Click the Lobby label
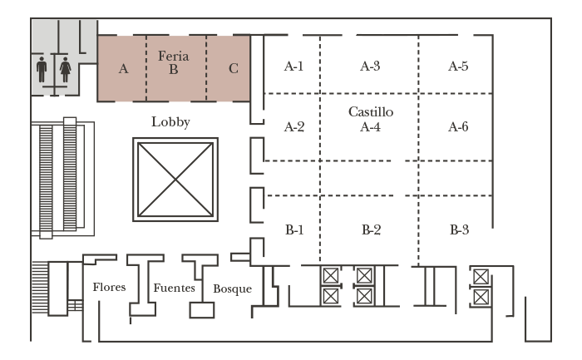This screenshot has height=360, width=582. (170, 122)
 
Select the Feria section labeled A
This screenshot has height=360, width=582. (123, 69)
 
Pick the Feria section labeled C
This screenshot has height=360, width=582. (233, 69)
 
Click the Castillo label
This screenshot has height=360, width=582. (370, 111)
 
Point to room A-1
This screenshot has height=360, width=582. (293, 67)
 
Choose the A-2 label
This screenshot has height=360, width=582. (293, 127)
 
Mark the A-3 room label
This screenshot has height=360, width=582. (370, 67)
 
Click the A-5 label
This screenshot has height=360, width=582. (457, 67)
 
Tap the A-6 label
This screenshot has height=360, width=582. (457, 127)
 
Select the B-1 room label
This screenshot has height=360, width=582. (293, 229)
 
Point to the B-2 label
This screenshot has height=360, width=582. (370, 229)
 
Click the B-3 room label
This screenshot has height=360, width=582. (457, 229)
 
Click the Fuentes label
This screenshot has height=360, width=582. (174, 288)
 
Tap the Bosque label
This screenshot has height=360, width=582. (232, 288)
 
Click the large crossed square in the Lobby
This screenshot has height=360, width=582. (175, 179)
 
